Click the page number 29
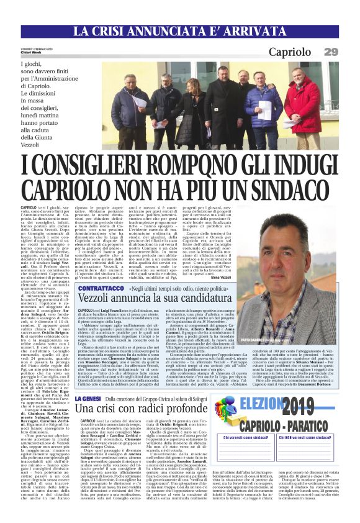pos(331,52)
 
